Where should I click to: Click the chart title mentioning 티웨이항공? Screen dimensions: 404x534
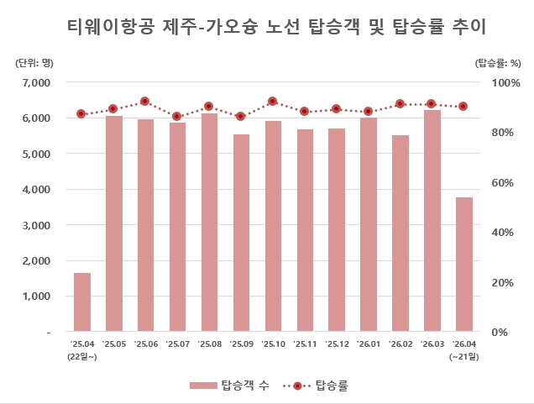click(x=266, y=27)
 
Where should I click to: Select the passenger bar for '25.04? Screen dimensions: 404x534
click(x=82, y=302)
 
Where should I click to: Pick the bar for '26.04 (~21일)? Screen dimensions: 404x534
click(x=464, y=265)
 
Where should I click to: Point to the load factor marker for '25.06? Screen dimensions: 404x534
click(x=145, y=101)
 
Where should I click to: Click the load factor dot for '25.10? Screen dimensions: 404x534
click(x=273, y=101)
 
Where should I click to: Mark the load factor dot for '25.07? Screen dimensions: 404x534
click(x=177, y=116)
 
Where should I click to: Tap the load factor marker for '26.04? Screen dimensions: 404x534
click(x=463, y=106)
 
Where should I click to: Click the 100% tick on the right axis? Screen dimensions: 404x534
click(x=495, y=82)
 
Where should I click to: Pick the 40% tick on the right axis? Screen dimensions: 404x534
click(x=498, y=233)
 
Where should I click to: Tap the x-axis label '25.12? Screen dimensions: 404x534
click(x=337, y=344)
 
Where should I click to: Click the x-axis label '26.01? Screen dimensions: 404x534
click(x=369, y=344)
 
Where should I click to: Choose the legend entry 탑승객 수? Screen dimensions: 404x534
click(x=225, y=386)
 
